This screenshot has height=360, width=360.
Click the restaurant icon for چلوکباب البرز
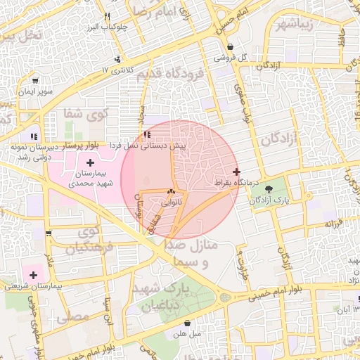[x=107, y=16]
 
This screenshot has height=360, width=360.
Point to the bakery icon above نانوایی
[x=171, y=191]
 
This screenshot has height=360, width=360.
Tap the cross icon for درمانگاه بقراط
[x=236, y=172]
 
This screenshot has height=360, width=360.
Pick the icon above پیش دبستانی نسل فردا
[x=146, y=134]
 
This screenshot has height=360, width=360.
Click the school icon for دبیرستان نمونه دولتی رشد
[x=33, y=136]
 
